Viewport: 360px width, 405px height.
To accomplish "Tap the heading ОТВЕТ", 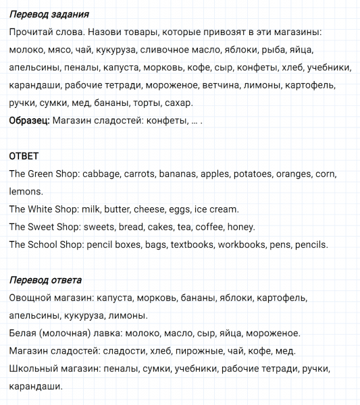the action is (x=24, y=156).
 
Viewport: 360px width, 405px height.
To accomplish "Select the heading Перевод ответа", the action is (x=46, y=279).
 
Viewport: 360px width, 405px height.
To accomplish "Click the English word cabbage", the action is (x=101, y=174).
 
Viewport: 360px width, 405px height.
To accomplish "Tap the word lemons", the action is (x=26, y=192).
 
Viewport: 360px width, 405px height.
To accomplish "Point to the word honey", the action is (x=241, y=227).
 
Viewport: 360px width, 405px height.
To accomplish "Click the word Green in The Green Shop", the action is (x=43, y=174).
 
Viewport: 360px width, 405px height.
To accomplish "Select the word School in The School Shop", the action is (x=45, y=244).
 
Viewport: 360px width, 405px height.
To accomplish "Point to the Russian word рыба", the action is (x=272, y=50).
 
